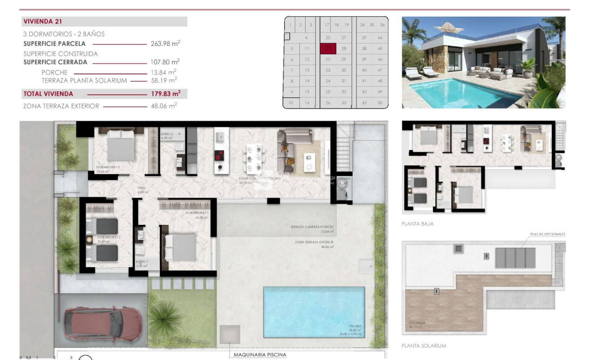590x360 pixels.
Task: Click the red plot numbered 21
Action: pyautogui.click(x=328, y=48)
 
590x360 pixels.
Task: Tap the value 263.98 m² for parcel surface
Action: pyautogui.click(x=166, y=44)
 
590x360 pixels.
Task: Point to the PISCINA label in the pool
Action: pyautogui.click(x=355, y=326)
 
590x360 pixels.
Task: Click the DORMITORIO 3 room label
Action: pyautogui.click(x=108, y=167)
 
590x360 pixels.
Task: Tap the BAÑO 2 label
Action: pyautogui.click(x=166, y=134)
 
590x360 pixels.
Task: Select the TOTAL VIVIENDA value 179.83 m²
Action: pyautogui.click(x=166, y=94)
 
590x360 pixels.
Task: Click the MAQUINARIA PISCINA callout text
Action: pyautogui.click(x=260, y=355)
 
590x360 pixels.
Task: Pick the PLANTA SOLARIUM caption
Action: pyautogui.click(x=424, y=346)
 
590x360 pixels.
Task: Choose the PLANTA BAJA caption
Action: pyautogui.click(x=417, y=224)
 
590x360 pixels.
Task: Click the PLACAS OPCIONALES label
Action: pyautogui.click(x=547, y=234)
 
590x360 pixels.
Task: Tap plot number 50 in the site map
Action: pyautogui.click(x=380, y=103)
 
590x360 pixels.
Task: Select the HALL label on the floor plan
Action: pyautogui.click(x=141, y=189)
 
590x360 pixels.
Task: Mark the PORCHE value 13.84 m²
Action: pyautogui.click(x=164, y=72)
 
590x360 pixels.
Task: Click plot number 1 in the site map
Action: pyautogui.click(x=291, y=25)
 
